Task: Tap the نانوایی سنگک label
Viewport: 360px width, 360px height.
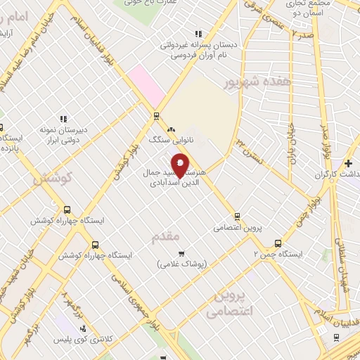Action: [x=167, y=140]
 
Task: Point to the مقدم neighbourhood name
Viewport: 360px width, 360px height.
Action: [x=166, y=237]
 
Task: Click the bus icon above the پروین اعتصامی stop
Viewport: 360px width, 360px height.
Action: [x=237, y=217]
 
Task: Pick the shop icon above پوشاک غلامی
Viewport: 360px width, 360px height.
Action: [x=181, y=253]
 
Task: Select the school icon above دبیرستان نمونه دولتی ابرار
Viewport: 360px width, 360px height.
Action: [x=63, y=119]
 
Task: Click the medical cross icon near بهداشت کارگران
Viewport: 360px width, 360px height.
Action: [x=349, y=163]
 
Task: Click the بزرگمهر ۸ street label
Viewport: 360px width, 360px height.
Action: [x=72, y=303]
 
